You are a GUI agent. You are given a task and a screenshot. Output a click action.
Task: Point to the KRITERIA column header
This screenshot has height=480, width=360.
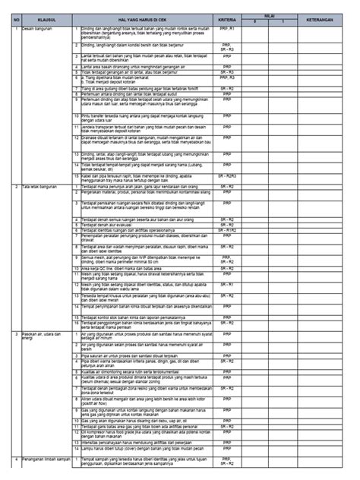click(226, 14)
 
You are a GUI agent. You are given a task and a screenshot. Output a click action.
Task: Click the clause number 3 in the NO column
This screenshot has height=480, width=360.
click(15, 333)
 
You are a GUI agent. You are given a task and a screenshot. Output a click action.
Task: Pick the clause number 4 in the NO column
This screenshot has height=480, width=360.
click(15, 459)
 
